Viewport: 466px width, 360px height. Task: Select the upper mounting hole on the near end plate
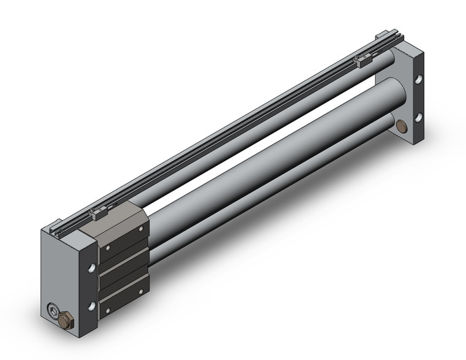click(x=91, y=268)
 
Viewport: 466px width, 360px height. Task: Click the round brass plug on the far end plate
click(x=402, y=126)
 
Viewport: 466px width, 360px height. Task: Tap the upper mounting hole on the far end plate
click(x=420, y=80)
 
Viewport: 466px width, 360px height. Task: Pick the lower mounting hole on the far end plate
click(x=420, y=117)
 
